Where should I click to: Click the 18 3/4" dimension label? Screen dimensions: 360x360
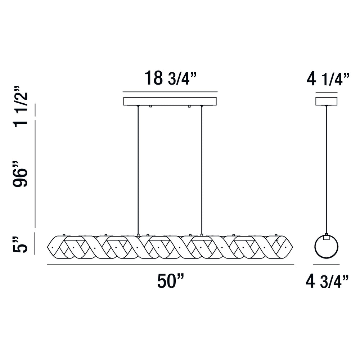(x=171, y=78)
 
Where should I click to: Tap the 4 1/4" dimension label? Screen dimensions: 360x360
(x=328, y=79)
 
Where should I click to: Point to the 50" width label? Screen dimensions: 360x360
(x=171, y=281)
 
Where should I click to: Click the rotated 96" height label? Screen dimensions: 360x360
(x=20, y=174)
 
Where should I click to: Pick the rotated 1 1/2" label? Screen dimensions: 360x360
(x=20, y=107)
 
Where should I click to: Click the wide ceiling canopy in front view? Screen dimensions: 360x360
(x=170, y=101)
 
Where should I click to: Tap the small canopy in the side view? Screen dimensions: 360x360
(x=326, y=101)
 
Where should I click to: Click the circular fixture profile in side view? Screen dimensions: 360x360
(x=315, y=247)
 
